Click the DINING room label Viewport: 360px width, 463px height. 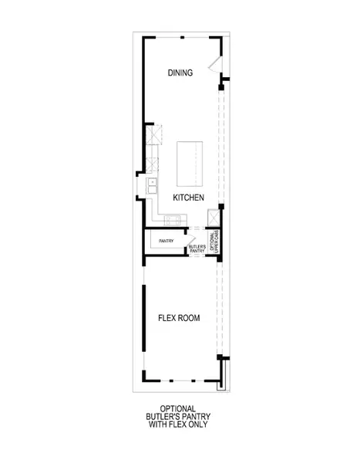tap(180, 73)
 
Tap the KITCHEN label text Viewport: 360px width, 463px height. tap(188, 198)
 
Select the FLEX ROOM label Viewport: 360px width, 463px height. tap(176, 318)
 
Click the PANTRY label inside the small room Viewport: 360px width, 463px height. tap(167, 242)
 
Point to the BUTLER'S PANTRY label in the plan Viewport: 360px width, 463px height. tap(197, 248)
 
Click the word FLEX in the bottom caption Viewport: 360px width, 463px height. tap(187, 424)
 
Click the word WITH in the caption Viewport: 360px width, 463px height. tap(169, 424)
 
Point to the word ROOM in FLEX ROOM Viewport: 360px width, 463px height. tap(189, 318)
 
